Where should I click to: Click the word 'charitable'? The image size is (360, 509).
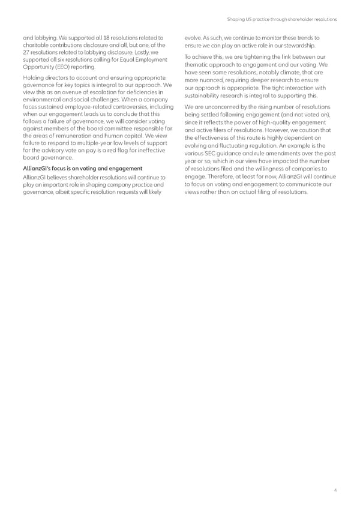35,45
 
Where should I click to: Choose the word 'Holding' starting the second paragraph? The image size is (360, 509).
33,78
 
